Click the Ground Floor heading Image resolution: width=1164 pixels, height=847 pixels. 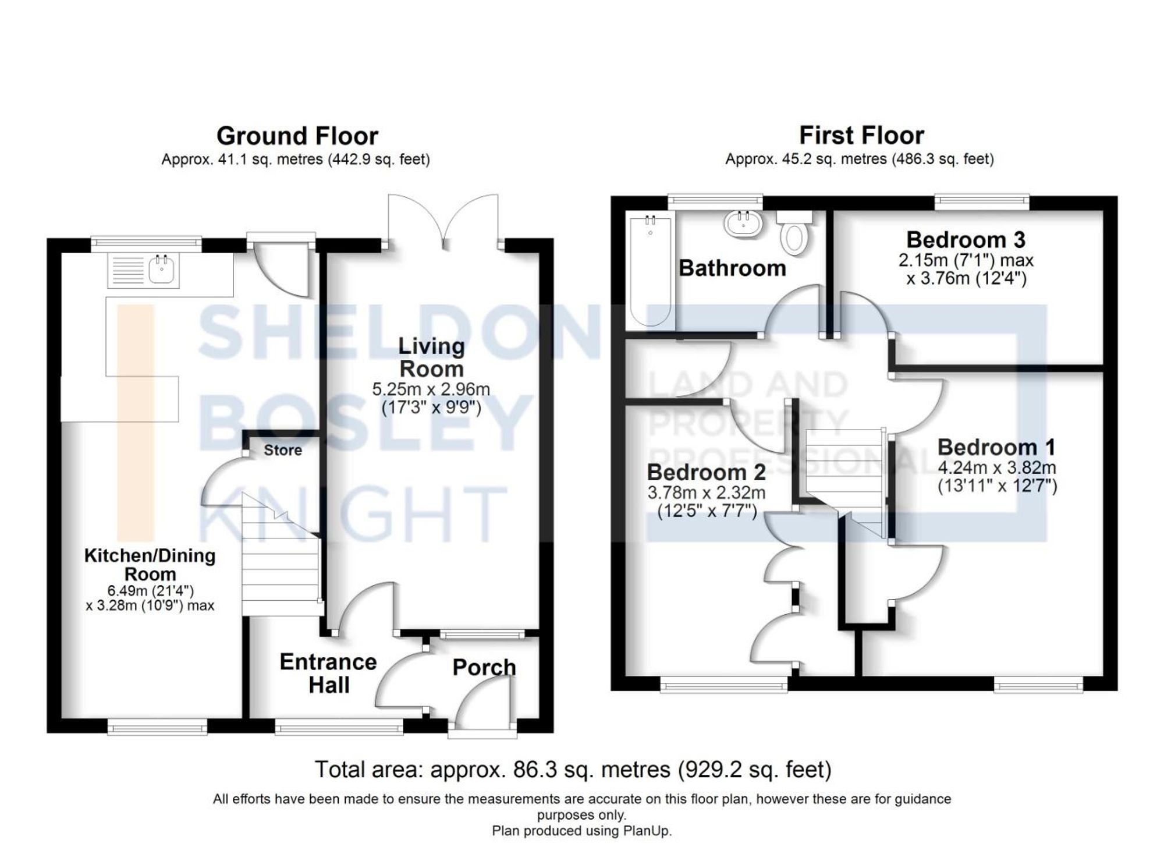coord(297,136)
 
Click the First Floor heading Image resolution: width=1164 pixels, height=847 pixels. coord(861,136)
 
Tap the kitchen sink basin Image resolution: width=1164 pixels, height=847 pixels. coord(161,271)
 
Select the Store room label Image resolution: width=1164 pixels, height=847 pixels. coord(283,450)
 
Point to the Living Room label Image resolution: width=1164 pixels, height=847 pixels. coord(431,357)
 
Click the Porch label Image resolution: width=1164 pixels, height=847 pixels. coord(484,667)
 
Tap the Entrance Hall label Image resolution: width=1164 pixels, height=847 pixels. coord(328,674)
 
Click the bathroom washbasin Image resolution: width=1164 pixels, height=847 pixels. coord(741,224)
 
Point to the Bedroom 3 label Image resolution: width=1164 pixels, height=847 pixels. coord(966,240)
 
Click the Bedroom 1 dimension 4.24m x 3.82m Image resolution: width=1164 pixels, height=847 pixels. coord(997,467)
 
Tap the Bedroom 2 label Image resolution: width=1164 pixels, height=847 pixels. coord(706,472)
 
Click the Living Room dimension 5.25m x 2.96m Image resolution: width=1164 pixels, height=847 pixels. coord(431,389)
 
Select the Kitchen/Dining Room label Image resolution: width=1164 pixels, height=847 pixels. coord(150,564)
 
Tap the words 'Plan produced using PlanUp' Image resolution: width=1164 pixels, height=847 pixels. coord(581,831)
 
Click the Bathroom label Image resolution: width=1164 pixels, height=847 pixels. coord(732,268)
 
